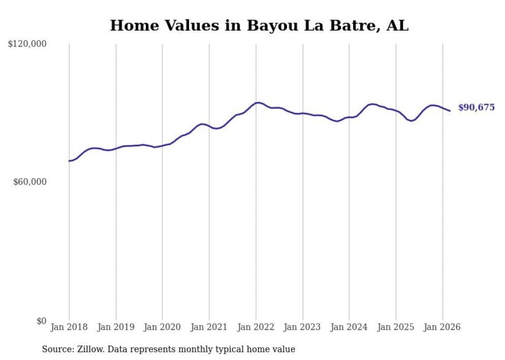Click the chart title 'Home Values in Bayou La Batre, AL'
click(x=259, y=25)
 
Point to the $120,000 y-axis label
click(x=27, y=44)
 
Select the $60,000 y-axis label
click(x=30, y=182)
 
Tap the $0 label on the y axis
click(x=41, y=321)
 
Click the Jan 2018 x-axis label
click(x=69, y=327)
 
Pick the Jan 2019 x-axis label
click(x=116, y=327)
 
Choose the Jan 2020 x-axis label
click(x=162, y=327)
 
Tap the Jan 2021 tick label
click(x=209, y=327)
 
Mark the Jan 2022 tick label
click(x=256, y=327)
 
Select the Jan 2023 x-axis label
click(x=302, y=327)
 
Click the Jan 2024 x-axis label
click(x=349, y=327)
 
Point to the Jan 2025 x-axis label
click(x=396, y=327)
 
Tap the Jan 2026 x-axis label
click(x=442, y=327)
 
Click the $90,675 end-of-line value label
click(x=476, y=108)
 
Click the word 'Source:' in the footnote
click(x=57, y=349)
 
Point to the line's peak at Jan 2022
click(x=258, y=102)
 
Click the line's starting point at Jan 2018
click(x=69, y=161)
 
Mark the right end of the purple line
click(x=450, y=111)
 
